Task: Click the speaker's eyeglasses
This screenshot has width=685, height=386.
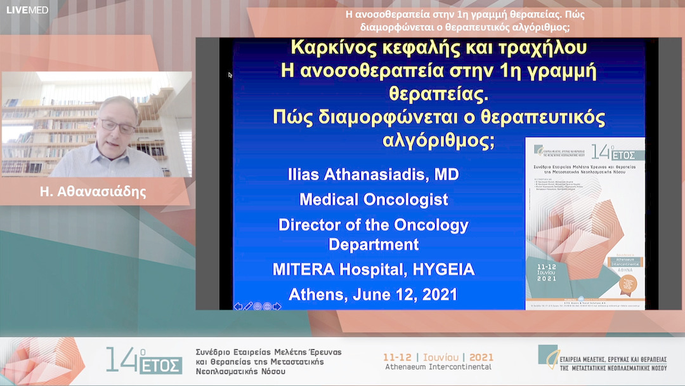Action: click(117, 125)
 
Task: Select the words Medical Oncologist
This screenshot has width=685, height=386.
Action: click(374, 199)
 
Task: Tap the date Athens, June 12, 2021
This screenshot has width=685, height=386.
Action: click(373, 295)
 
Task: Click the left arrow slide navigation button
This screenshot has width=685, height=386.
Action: click(238, 307)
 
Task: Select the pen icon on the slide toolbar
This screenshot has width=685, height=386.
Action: click(248, 307)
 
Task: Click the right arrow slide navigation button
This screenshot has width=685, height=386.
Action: click(277, 307)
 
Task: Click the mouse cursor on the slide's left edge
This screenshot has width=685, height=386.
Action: click(230, 75)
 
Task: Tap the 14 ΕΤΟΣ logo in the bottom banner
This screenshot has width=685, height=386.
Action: click(144, 360)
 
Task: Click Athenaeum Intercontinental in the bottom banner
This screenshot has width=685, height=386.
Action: click(438, 367)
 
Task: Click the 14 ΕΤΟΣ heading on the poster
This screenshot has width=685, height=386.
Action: click(608, 153)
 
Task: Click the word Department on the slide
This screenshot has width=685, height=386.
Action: click(374, 244)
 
